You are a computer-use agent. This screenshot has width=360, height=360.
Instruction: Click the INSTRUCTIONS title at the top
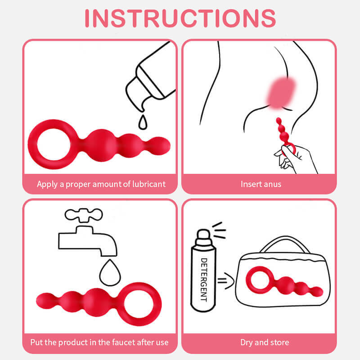click(180, 18)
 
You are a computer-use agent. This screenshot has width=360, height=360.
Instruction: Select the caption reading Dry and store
click(265, 342)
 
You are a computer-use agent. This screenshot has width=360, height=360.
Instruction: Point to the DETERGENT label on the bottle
click(204, 279)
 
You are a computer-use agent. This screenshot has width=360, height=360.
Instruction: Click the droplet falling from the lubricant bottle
click(143, 122)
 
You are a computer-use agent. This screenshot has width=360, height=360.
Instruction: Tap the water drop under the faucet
click(110, 273)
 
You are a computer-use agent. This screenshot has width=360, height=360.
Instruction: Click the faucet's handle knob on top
click(84, 215)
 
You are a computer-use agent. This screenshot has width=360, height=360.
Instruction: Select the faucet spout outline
click(88, 241)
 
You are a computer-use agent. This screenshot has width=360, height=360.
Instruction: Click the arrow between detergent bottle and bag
click(226, 280)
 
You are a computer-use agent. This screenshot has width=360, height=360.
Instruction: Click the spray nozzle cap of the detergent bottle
click(203, 237)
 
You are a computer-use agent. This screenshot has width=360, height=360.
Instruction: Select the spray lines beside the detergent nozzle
click(219, 230)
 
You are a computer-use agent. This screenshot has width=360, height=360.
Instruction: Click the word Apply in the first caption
click(47, 184)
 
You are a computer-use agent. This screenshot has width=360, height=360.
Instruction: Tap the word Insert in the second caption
click(251, 184)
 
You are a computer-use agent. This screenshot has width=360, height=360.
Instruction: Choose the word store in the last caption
click(279, 342)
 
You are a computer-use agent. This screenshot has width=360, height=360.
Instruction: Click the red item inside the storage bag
click(284, 282)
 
